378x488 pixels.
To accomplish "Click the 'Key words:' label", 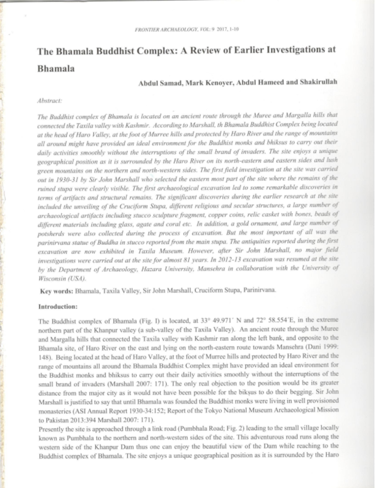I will pos(59,291).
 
